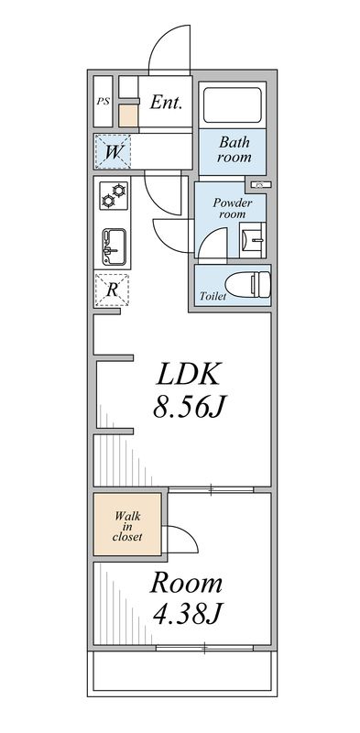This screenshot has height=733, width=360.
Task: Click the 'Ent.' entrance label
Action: [166, 102]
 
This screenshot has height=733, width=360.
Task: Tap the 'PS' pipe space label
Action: [103, 102]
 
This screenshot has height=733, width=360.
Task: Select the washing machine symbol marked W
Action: [113, 151]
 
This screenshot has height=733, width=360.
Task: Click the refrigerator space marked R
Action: [113, 290]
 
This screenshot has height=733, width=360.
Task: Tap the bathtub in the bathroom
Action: [233, 104]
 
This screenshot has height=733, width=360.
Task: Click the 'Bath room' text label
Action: [234, 150]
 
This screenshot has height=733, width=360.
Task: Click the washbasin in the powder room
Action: [252, 241]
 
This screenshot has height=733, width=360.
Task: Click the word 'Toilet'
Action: [213, 297]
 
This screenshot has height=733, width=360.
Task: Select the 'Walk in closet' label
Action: [127, 526]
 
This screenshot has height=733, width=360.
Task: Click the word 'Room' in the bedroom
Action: [186, 583]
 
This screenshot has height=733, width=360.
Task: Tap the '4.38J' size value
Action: [186, 613]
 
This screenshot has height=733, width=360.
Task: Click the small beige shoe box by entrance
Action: [128, 115]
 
